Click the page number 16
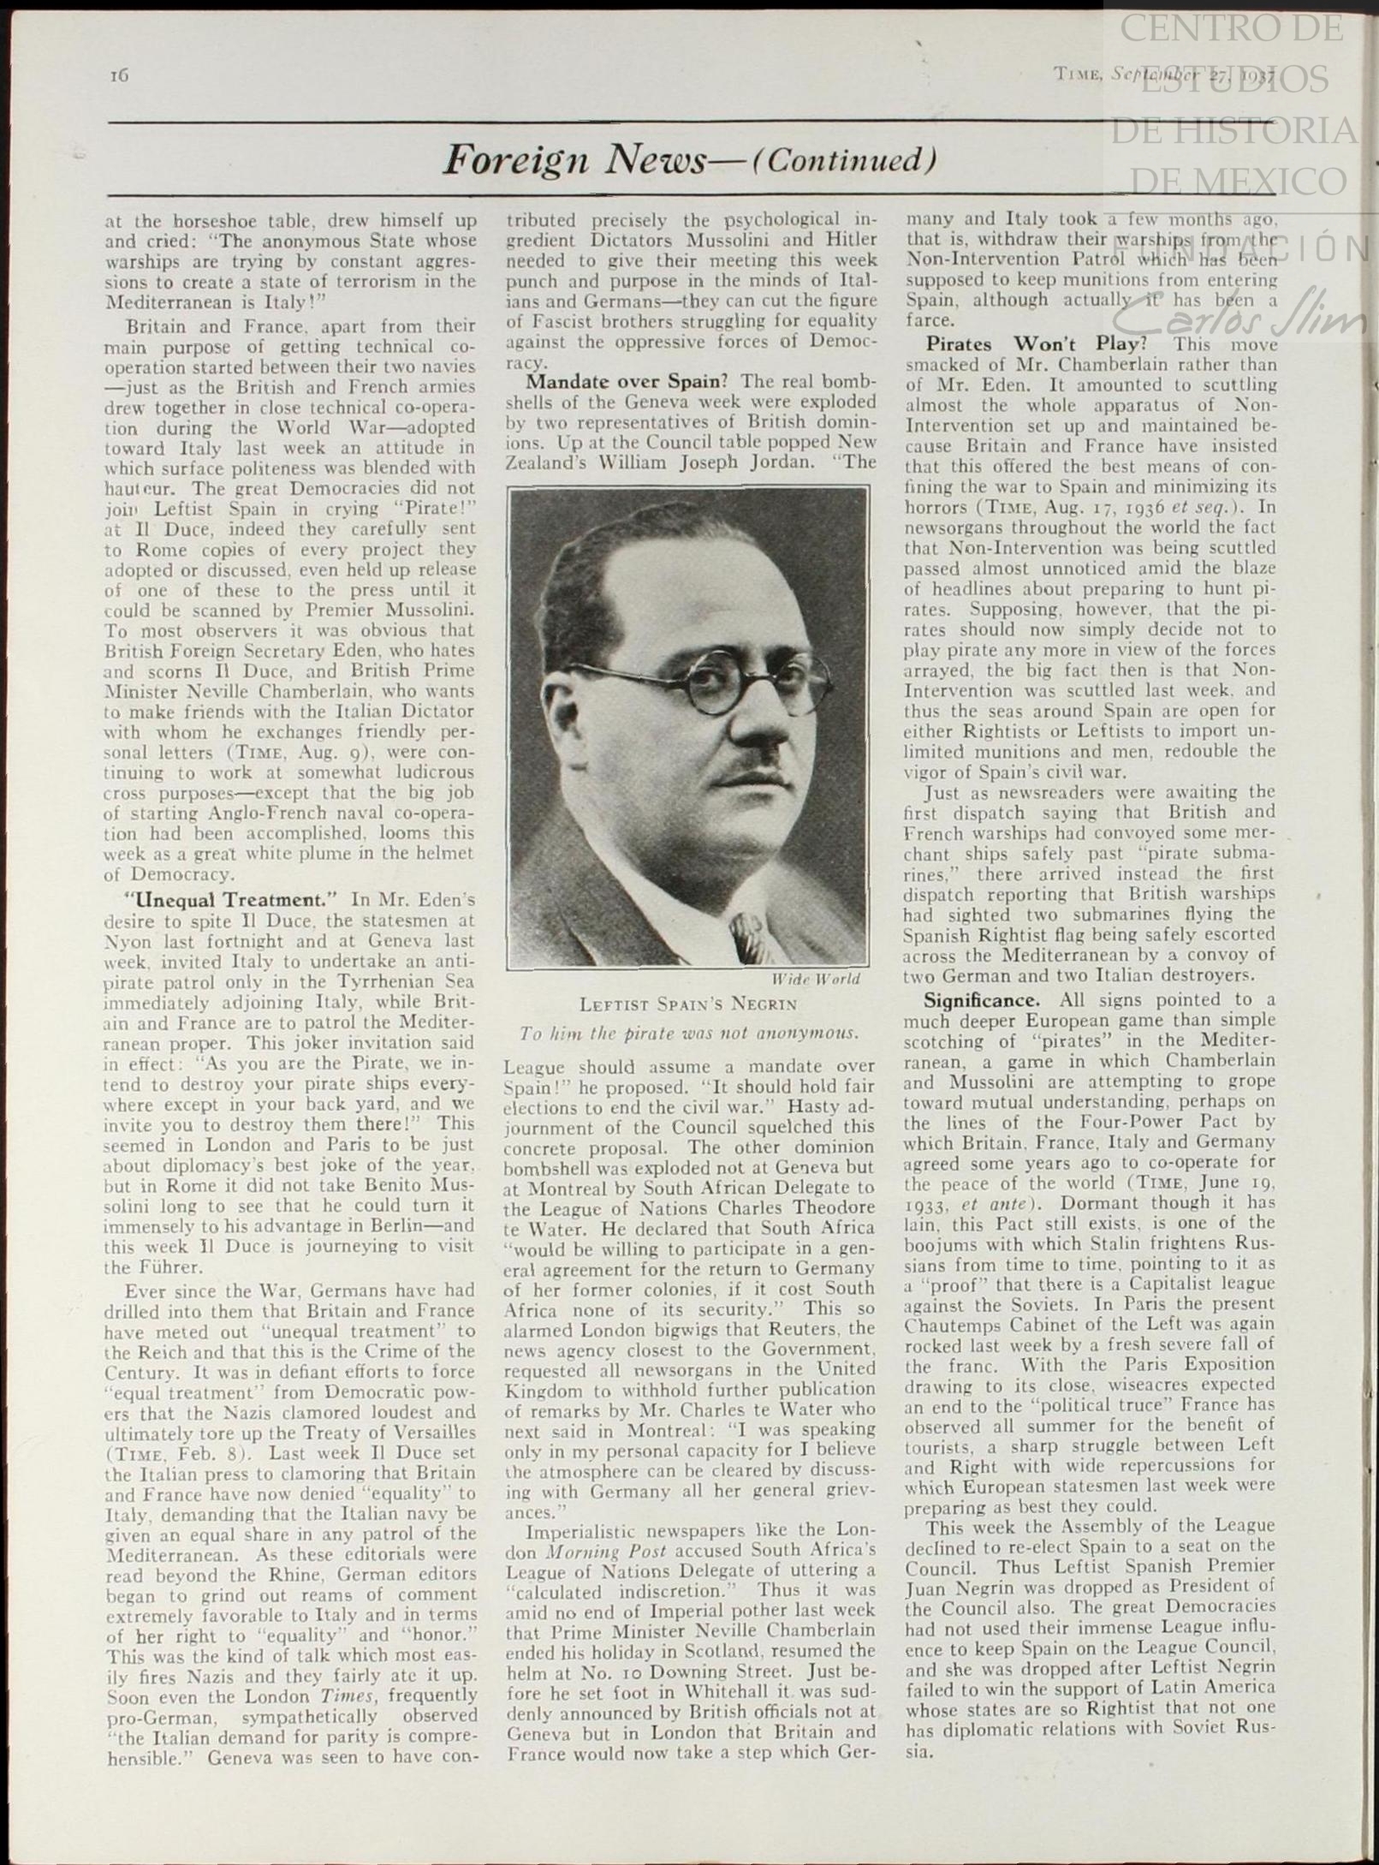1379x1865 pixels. click(x=119, y=75)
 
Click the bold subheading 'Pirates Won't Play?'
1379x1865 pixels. click(x=1036, y=344)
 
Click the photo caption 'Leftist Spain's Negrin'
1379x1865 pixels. click(x=687, y=1004)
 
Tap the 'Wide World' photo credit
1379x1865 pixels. click(x=816, y=979)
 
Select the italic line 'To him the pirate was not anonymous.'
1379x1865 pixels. click(x=688, y=1033)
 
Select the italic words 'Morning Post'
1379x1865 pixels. click(x=594, y=1551)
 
